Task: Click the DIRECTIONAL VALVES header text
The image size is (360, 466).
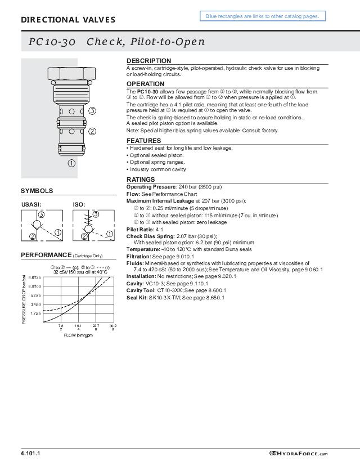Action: (68, 20)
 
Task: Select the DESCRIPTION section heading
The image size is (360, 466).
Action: (148, 61)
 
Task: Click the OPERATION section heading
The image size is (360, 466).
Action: (145, 84)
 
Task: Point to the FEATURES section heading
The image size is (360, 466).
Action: (143, 141)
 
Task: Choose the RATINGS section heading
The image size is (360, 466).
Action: (141, 180)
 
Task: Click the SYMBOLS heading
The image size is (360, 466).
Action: (37, 191)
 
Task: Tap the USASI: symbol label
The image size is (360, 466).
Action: (31, 204)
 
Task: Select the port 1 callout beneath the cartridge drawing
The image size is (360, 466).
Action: (72, 163)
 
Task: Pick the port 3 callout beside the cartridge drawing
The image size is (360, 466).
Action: (92, 110)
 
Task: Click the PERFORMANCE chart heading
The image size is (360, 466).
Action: (47, 255)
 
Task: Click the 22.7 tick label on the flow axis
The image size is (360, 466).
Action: (96, 325)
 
